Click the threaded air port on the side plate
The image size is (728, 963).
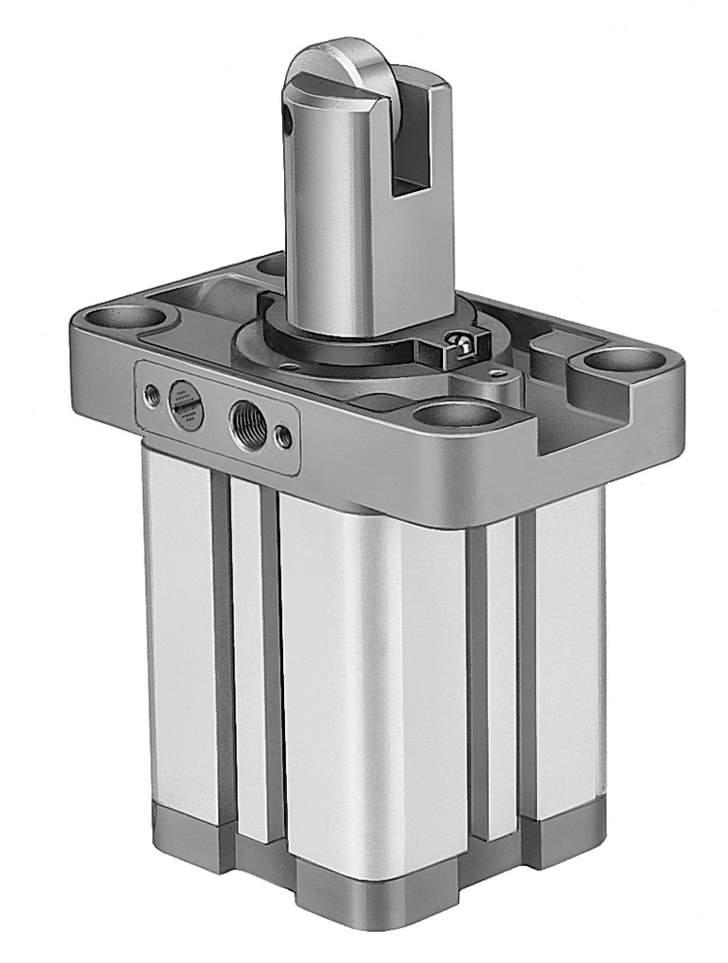tap(246, 416)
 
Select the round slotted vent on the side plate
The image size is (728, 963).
tap(185, 404)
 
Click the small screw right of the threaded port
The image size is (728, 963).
tap(283, 434)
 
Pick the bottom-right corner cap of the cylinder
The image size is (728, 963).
tap(564, 837)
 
